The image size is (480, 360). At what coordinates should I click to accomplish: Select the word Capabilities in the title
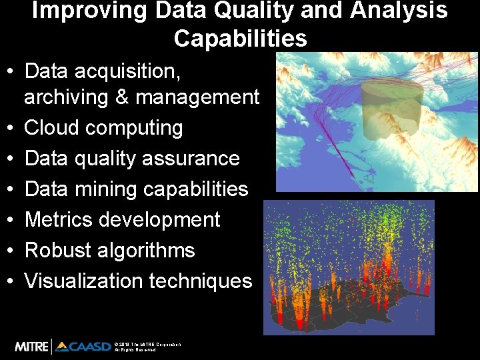(x=240, y=39)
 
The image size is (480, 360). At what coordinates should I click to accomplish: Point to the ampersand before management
(x=121, y=97)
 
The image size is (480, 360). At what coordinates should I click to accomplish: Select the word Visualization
(x=84, y=281)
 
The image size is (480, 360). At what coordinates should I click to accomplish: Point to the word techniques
(x=201, y=281)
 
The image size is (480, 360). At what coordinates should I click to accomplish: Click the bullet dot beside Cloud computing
(x=12, y=128)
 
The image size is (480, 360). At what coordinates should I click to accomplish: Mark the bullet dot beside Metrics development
(x=12, y=220)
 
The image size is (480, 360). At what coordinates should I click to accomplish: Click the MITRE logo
(x=31, y=346)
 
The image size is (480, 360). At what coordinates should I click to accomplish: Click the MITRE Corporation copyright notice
(x=147, y=347)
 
